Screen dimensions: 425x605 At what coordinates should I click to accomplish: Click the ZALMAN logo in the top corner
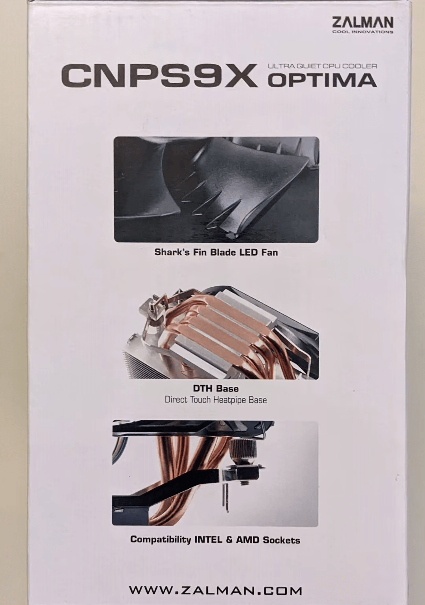pos(362,23)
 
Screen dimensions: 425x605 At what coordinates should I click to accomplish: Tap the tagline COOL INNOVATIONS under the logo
pos(363,32)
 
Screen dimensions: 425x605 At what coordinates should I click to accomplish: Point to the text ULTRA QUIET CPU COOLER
pos(322,66)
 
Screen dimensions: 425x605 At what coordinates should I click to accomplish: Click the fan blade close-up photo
pos(216,189)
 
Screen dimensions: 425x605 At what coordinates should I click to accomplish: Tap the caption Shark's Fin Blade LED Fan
pos(216,252)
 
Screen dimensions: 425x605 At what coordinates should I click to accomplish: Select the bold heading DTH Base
pos(216,389)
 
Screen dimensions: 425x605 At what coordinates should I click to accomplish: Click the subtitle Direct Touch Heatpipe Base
pos(216,400)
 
